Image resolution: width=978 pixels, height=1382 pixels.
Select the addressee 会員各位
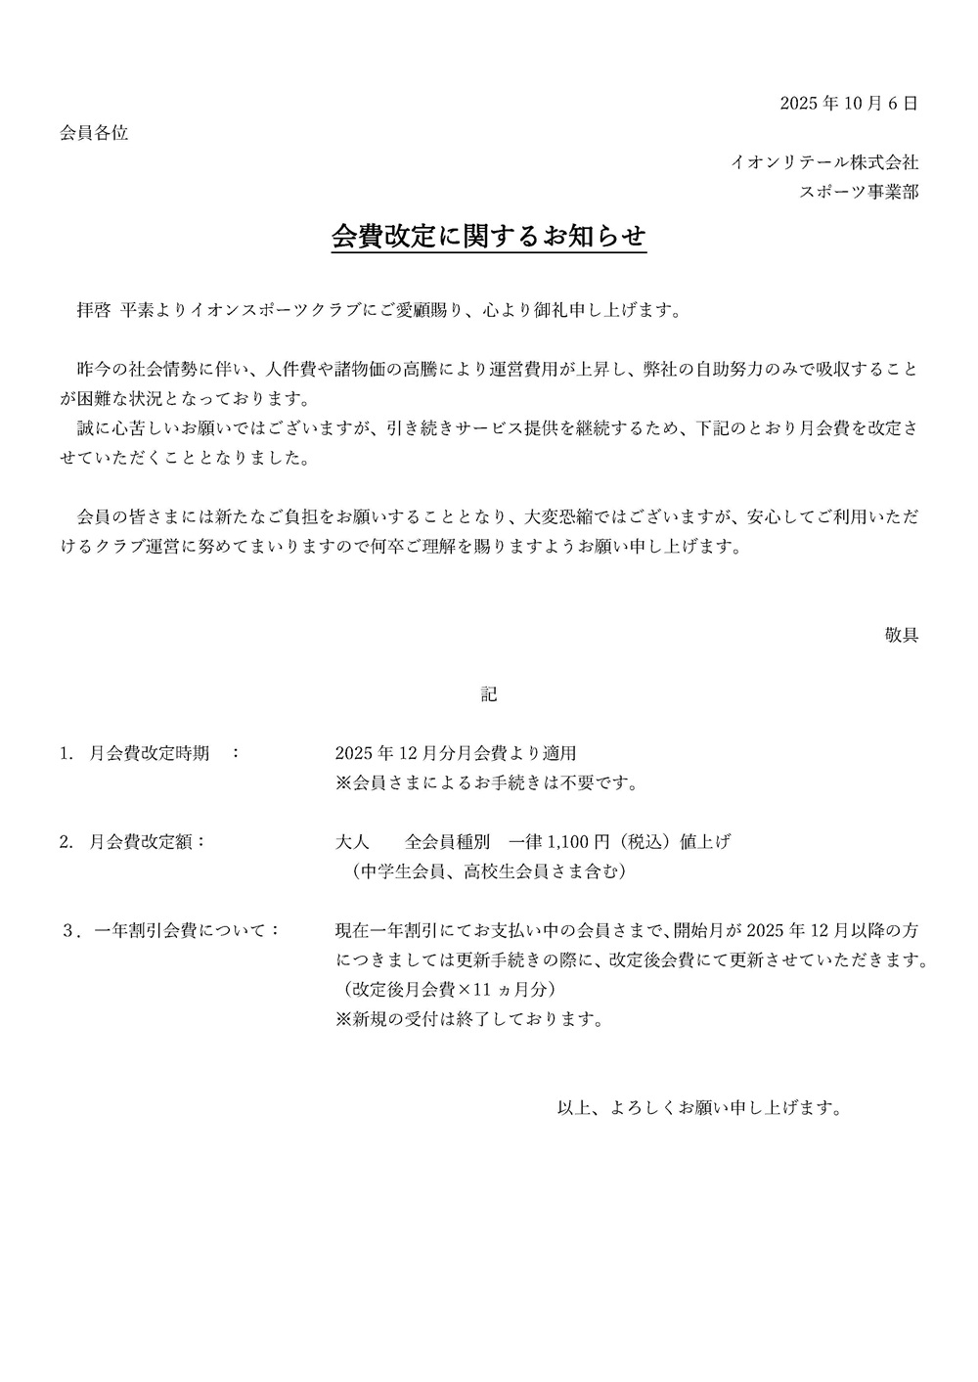click(94, 133)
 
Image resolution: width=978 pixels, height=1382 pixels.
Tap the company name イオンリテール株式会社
click(824, 162)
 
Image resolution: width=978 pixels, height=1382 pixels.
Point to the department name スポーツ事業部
click(859, 192)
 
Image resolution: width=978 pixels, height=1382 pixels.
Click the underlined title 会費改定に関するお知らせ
click(489, 238)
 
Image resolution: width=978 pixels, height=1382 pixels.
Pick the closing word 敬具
click(901, 635)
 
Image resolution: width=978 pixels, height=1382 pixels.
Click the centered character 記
click(489, 694)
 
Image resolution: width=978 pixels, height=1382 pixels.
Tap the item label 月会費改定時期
click(149, 753)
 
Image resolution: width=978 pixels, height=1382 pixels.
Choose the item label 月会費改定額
click(142, 841)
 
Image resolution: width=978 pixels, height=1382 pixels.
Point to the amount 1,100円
click(579, 841)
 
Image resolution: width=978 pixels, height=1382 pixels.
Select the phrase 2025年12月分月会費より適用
click(456, 753)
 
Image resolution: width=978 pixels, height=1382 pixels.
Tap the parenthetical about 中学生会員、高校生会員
click(489, 870)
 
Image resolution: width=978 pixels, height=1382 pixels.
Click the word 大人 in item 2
click(351, 841)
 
